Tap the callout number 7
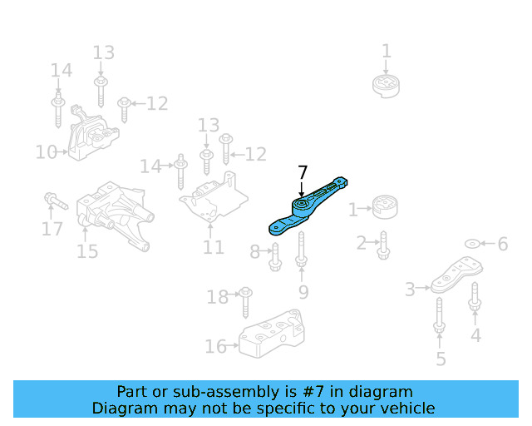click(302, 172)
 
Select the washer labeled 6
click(471, 244)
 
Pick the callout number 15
click(87, 251)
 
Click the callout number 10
click(46, 152)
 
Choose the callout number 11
click(214, 247)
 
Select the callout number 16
click(215, 345)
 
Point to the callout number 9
click(303, 291)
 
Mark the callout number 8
click(255, 251)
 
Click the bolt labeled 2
click(384, 243)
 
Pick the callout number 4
click(475, 336)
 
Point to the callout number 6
click(502, 244)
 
